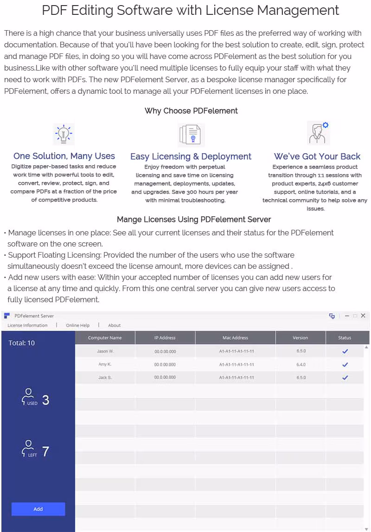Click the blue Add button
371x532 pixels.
38,509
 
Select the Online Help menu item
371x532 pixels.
77,325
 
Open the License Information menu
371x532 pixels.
27,325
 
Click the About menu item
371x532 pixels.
114,325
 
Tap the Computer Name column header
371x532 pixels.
105,338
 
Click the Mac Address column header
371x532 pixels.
235,338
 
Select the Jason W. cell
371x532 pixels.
105,351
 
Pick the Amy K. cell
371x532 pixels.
105,364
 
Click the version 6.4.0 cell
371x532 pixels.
301,364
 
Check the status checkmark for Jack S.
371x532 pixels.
345,377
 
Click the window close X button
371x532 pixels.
363,316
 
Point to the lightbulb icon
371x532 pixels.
64,134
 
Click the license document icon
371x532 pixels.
190,135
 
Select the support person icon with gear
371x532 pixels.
319,133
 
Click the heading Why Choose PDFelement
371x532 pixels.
191,110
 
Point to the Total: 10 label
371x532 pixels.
21,343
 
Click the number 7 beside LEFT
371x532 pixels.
45,451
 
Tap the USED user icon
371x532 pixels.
29,397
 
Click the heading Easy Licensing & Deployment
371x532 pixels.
191,156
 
